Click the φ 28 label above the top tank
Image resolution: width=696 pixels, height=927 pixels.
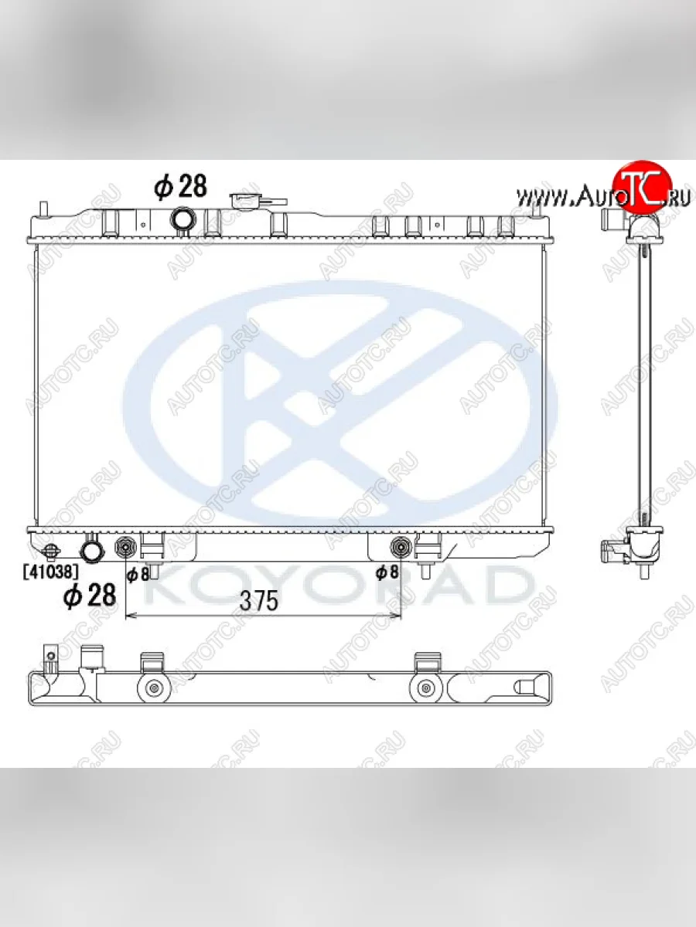pos(180,187)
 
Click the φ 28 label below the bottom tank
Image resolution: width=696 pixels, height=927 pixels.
pos(90,596)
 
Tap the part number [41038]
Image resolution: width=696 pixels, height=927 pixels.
pos(51,572)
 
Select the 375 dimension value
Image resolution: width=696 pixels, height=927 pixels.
pos(259,601)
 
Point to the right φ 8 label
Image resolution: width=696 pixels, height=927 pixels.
pos(387,572)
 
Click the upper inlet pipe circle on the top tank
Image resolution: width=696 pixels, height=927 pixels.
pos(183,219)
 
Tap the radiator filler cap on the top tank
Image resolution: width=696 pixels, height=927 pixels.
pos(258,201)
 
